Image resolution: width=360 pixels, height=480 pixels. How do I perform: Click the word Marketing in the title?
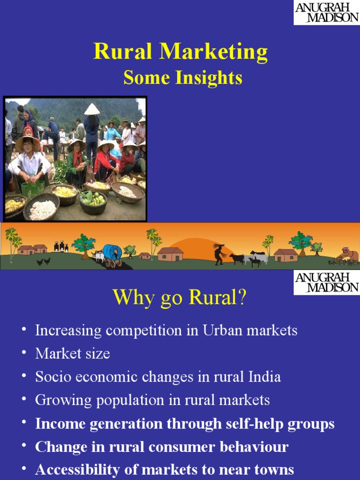(x=213, y=52)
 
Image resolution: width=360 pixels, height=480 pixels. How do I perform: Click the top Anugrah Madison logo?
(x=327, y=13)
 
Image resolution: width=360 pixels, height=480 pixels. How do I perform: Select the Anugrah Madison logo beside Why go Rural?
(x=327, y=282)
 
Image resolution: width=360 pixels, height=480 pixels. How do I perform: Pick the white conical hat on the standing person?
(x=92, y=109)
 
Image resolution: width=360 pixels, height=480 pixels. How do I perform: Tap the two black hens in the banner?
(x=44, y=262)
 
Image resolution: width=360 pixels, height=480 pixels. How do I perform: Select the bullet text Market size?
(x=73, y=354)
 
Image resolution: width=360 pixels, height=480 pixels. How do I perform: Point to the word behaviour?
(x=255, y=447)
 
